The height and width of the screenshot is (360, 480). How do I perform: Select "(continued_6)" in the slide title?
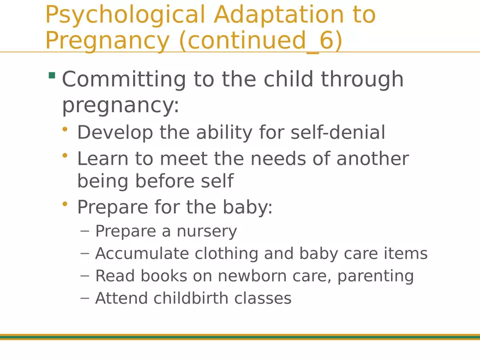click(261, 41)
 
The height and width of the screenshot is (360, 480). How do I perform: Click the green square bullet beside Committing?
click(52, 75)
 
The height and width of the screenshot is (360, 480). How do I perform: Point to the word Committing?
click(124, 80)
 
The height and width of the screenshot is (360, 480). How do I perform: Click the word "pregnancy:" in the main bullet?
click(120, 105)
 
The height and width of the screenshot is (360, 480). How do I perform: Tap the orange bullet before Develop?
click(65, 129)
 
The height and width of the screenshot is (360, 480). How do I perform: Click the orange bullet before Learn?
click(65, 155)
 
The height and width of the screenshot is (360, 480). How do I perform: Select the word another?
click(373, 159)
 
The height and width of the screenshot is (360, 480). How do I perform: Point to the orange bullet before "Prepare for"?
click(65, 203)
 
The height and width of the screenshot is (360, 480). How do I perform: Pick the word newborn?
click(247, 276)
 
